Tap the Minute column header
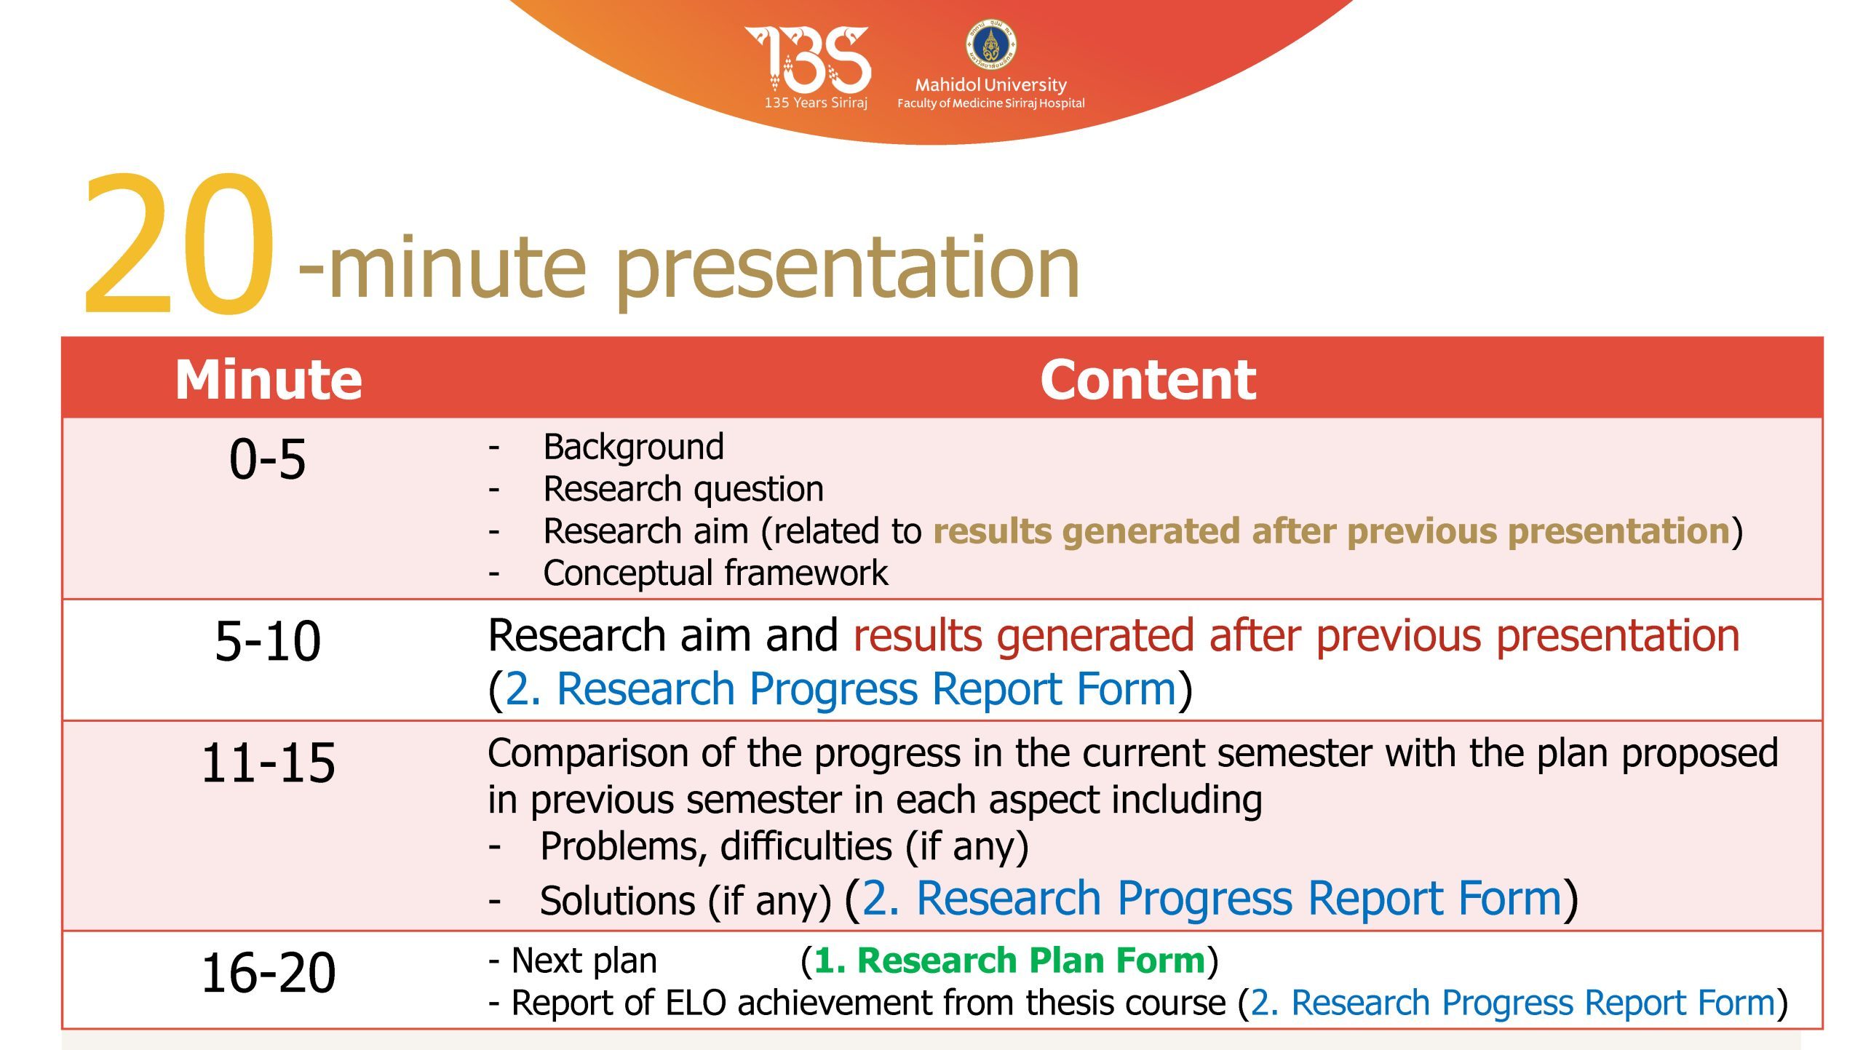269,379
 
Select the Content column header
1148,379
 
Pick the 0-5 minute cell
268,460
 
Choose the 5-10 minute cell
268,641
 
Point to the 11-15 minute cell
268,763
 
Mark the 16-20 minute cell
268,973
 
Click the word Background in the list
634,447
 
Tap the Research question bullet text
683,489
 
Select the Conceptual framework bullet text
715,573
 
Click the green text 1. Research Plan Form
1009,960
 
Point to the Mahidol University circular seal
990,44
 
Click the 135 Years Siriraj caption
816,103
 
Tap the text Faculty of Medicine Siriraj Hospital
990,103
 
